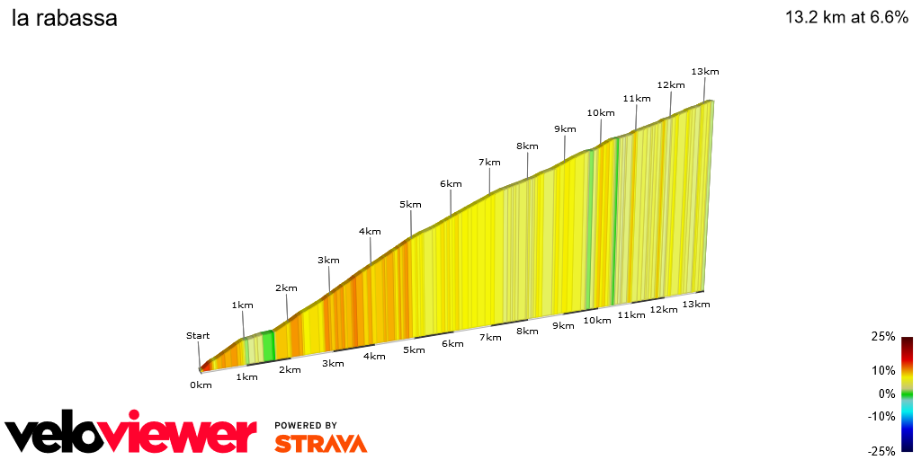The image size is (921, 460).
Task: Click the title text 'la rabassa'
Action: click(x=65, y=18)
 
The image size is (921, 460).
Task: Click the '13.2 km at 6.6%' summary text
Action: click(x=846, y=18)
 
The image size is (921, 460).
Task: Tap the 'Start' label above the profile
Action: click(x=198, y=336)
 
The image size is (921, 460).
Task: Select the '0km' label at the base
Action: click(x=201, y=385)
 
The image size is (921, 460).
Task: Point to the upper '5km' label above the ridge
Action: click(x=410, y=204)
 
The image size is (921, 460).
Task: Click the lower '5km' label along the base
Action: click(x=414, y=350)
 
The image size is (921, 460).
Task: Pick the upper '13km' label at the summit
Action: click(x=705, y=72)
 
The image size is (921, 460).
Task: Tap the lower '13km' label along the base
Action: click(x=696, y=304)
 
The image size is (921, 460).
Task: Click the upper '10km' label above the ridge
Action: click(x=601, y=113)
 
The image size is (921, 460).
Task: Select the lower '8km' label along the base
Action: click(x=526, y=331)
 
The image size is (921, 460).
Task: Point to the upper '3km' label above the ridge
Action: click(x=328, y=261)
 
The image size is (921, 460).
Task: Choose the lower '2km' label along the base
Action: click(x=290, y=370)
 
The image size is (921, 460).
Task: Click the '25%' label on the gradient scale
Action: click(x=883, y=337)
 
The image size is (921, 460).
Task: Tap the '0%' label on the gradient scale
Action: click(x=887, y=394)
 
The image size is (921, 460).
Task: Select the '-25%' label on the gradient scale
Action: click(x=881, y=451)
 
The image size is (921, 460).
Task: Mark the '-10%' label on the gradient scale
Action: click(x=881, y=416)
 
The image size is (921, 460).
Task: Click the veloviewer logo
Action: click(x=131, y=434)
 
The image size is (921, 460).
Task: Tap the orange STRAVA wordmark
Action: click(x=320, y=444)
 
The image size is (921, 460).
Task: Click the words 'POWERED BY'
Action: click(x=306, y=425)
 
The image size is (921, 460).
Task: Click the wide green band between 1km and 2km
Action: click(x=267, y=347)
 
